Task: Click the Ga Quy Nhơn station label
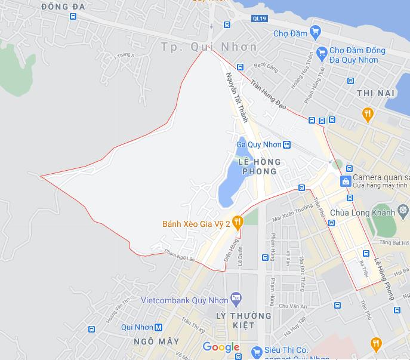tap(259, 144)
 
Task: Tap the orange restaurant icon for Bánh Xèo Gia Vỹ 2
tap(238, 223)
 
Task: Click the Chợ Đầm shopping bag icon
tap(315, 33)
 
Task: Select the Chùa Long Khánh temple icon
tap(404, 211)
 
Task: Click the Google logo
tap(221, 347)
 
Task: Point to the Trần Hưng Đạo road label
tap(269, 95)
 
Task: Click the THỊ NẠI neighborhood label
tap(377, 94)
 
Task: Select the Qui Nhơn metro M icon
tap(159, 327)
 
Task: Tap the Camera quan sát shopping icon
tap(345, 180)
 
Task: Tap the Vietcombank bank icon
tap(237, 298)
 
